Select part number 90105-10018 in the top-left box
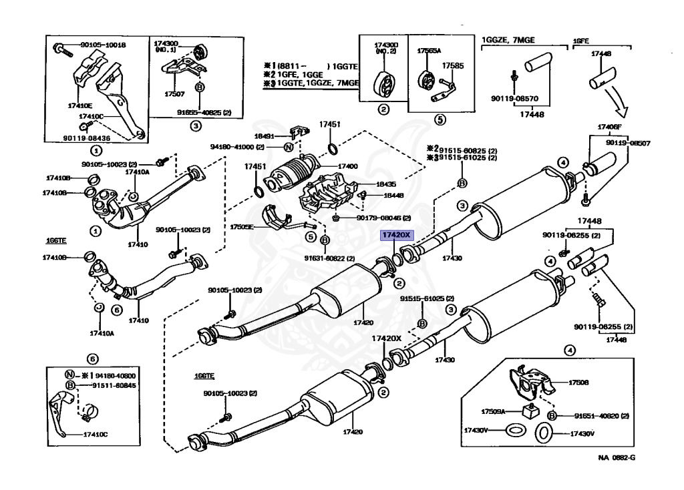click(103, 45)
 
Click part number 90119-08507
click(628, 142)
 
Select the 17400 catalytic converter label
click(347, 166)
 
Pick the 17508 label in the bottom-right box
click(578, 383)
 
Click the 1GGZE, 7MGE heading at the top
click(513, 39)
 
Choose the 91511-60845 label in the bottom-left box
click(99, 385)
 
